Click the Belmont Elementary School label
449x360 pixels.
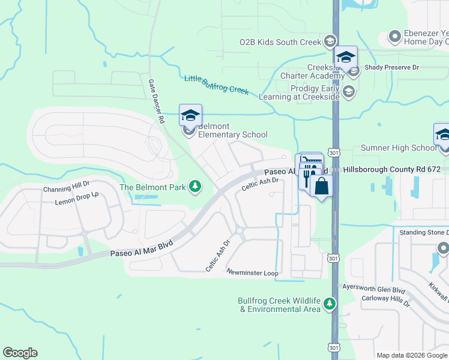[232, 130]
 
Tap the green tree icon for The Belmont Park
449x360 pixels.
[194, 187]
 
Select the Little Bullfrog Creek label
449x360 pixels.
[216, 85]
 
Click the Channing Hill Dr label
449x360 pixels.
[66, 189]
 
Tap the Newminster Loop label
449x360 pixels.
[252, 273]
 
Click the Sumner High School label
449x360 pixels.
[399, 148]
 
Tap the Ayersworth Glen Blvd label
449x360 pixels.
[373, 290]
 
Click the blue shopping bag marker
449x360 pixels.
[321, 186]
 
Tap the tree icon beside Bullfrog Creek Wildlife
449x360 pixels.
[329, 304]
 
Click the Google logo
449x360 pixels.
[20, 353]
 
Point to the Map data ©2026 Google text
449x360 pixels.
[412, 355]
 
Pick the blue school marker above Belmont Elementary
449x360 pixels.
[190, 115]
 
